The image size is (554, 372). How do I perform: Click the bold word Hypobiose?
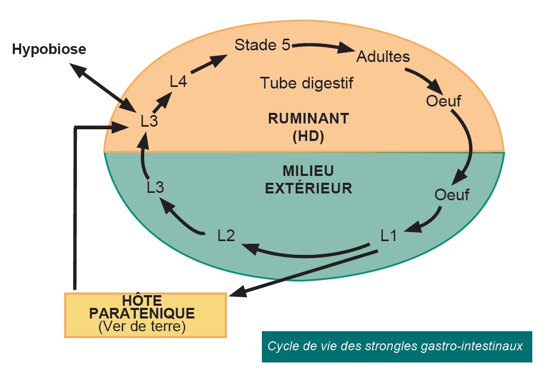(49, 50)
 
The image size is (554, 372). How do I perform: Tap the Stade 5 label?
(262, 45)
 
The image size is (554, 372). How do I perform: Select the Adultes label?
(383, 56)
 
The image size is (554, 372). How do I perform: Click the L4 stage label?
(178, 82)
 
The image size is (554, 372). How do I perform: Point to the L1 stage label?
(389, 235)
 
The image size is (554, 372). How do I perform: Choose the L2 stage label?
(226, 235)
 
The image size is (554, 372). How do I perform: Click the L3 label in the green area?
(155, 187)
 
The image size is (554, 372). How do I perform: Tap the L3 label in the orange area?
(149, 121)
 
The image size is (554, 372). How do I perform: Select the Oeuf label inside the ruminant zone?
(443, 101)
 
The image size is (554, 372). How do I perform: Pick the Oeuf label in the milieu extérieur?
(452, 194)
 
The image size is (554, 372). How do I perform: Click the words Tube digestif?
(306, 83)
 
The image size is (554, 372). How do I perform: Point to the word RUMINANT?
(308, 119)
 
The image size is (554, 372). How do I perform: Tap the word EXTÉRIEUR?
(308, 188)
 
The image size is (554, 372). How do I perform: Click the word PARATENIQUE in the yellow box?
(142, 313)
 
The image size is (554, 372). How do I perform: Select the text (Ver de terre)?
(142, 327)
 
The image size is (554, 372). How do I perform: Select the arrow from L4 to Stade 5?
(206, 65)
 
